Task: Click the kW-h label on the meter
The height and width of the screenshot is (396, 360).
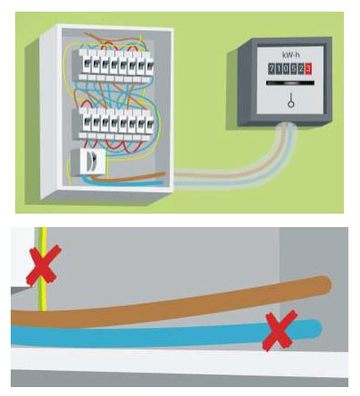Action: pos(289,55)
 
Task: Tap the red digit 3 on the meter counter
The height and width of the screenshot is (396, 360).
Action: pos(308,69)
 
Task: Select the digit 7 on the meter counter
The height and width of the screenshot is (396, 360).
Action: pos(272,69)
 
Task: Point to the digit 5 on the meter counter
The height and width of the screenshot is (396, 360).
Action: pos(293,69)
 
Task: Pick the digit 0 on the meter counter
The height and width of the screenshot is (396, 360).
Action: pos(286,69)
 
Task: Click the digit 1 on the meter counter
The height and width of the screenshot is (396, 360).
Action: pos(279,69)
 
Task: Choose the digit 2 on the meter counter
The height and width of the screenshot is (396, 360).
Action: pos(301,69)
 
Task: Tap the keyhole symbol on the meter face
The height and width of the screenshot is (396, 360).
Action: pos(290,101)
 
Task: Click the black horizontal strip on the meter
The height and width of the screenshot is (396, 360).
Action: pos(290,83)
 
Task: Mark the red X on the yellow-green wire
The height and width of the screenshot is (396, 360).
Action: pos(44,265)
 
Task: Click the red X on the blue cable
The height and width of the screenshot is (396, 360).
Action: pos(280,330)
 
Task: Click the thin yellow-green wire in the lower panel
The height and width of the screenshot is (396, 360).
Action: pos(44,269)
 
